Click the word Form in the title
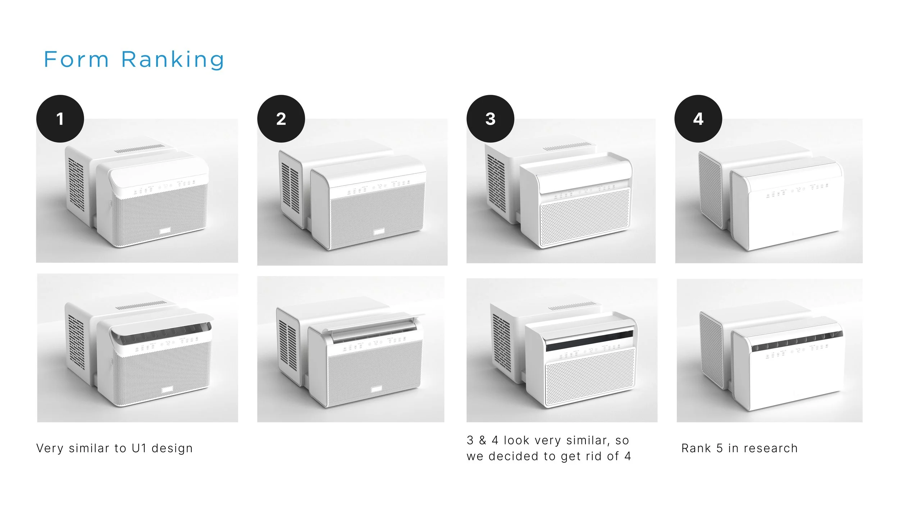pyautogui.click(x=76, y=59)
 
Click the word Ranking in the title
pyautogui.click(x=173, y=60)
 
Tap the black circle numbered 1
pyautogui.click(x=60, y=119)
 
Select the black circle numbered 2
pyautogui.click(x=281, y=119)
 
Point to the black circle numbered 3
pyautogui.click(x=490, y=119)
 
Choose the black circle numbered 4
pyautogui.click(x=698, y=119)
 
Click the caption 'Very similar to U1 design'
pyautogui.click(x=115, y=448)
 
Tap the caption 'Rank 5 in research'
pyautogui.click(x=740, y=448)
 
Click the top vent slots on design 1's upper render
pyautogui.click(x=140, y=149)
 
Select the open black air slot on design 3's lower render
pyautogui.click(x=589, y=341)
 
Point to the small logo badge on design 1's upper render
pyautogui.click(x=165, y=231)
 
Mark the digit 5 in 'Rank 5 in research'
pyautogui.click(x=720, y=448)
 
